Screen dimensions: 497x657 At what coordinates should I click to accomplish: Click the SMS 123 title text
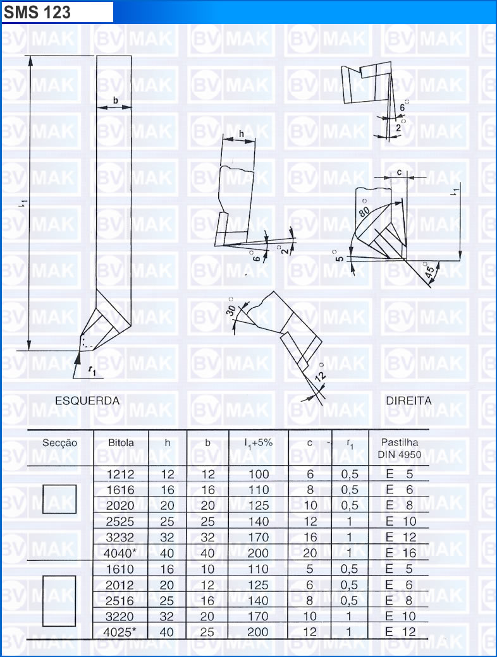click(37, 12)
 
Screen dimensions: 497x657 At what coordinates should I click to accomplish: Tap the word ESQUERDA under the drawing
click(87, 401)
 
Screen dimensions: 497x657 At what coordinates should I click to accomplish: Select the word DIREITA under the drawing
click(408, 401)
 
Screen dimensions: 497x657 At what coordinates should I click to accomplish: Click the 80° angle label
click(364, 208)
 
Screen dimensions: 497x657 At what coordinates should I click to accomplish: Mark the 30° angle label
click(231, 307)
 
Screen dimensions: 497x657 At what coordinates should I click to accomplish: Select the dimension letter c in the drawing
click(399, 172)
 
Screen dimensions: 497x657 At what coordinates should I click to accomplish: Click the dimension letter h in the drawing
click(241, 134)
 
